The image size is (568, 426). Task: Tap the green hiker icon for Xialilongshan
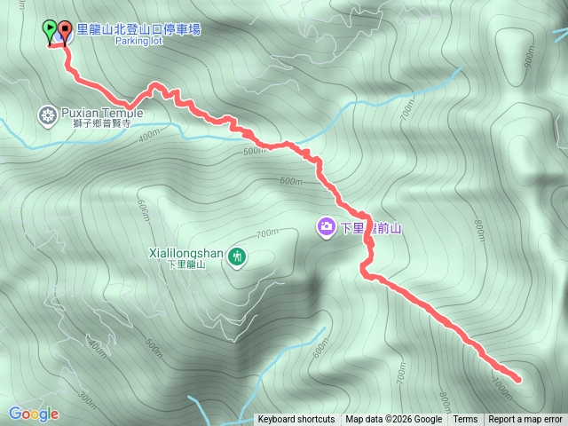click(236, 257)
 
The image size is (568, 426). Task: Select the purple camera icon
click(327, 227)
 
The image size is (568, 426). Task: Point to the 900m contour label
click(531, 56)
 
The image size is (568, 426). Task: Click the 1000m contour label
click(501, 383)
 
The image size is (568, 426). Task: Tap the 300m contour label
click(86, 395)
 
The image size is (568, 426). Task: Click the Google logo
click(34, 414)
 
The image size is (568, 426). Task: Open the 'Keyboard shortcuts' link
click(296, 420)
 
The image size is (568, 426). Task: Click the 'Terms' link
click(465, 420)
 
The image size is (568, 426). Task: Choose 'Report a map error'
click(525, 420)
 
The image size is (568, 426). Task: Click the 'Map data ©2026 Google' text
click(393, 420)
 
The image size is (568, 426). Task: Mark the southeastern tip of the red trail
click(517, 380)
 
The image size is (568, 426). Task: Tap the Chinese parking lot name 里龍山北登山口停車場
click(138, 29)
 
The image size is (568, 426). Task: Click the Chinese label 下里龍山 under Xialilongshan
click(186, 265)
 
